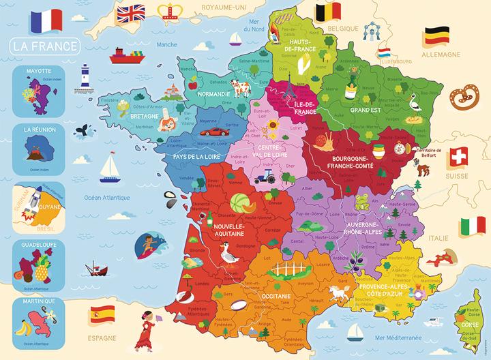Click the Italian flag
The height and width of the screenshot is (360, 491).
pyautogui.click(x=472, y=226)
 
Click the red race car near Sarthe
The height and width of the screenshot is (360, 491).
pyautogui.click(x=213, y=132)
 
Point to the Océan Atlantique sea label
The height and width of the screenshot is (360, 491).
pyautogui.click(x=104, y=198)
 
